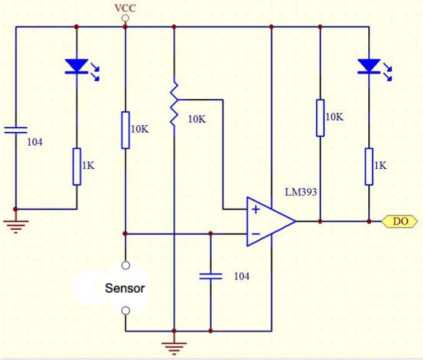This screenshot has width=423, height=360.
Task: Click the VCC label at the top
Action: pos(125,8)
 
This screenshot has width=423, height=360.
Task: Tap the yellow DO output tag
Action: pos(400,221)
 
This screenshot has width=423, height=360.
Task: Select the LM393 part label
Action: pos(301,192)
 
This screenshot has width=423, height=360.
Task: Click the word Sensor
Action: pos(125,288)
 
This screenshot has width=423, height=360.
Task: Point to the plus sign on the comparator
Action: pos(255,209)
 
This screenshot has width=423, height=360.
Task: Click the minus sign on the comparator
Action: pos(255,234)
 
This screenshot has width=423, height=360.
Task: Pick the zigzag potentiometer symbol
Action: pos(174,104)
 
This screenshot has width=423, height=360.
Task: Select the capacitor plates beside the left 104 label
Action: pos(16,130)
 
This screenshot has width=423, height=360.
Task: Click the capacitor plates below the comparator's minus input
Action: pos(211,277)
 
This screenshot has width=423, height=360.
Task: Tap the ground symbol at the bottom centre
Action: pos(174,348)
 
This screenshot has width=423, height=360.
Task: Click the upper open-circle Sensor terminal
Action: pos(125,265)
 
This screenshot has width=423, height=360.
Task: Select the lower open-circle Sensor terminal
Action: pos(125,311)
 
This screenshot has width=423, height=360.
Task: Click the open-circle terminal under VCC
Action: pos(125,18)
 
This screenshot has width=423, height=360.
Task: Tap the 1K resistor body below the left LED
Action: pos(77,167)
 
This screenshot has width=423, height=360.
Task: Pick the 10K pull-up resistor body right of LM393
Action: pos(320,118)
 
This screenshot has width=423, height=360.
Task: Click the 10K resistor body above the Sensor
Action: pos(125,130)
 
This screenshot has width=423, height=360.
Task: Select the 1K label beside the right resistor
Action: pos(380,165)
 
